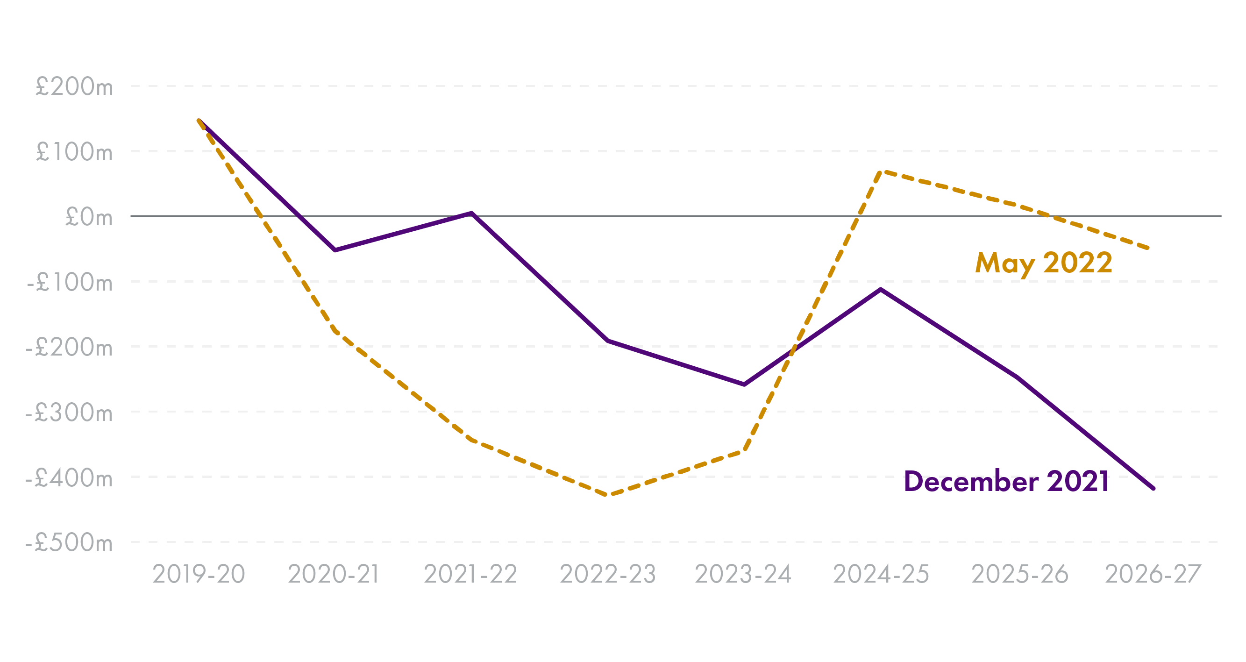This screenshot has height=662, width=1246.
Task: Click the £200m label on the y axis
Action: coord(74,87)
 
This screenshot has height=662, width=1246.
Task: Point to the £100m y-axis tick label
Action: coord(74,152)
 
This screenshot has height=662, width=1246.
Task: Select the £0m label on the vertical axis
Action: coord(89,217)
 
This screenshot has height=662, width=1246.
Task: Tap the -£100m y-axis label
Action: coord(70,282)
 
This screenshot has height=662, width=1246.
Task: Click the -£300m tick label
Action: coord(69,413)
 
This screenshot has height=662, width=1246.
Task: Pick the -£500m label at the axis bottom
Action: coord(69,542)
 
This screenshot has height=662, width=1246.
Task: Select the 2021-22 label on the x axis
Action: coord(470,575)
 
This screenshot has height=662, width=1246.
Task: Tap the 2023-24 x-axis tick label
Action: coord(743,575)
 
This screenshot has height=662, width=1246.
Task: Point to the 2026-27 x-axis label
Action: coord(1153,575)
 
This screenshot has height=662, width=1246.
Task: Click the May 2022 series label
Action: coord(1044,263)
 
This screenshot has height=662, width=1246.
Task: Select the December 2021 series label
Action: coord(1006,482)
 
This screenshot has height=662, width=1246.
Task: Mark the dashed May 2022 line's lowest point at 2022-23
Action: coord(607,495)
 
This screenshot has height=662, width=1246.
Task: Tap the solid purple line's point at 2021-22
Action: coord(471,213)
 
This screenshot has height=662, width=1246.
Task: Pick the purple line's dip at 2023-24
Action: coord(744,384)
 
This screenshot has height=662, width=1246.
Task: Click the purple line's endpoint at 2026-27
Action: coord(1153,488)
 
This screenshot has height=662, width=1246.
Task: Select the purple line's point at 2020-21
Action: coord(335,250)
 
